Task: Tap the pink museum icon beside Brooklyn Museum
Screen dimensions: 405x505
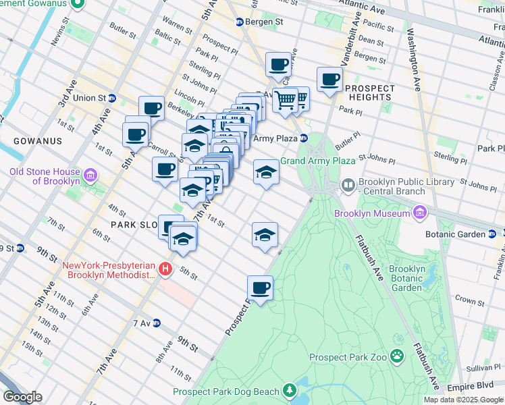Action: (419, 213)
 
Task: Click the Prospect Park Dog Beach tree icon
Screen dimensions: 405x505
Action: (290, 391)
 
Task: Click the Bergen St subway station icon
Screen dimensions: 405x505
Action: (239, 22)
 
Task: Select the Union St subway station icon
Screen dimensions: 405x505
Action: (112, 98)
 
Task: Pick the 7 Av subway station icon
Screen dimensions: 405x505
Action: (157, 323)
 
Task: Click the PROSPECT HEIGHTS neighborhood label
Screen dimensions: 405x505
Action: (369, 92)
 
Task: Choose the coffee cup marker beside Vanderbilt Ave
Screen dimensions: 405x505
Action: (329, 80)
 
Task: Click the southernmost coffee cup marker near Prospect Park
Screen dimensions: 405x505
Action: (260, 288)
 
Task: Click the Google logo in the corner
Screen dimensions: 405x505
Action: (22, 397)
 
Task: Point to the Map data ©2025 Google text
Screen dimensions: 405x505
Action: (463, 400)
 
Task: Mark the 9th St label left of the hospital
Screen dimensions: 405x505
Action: (47, 254)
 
